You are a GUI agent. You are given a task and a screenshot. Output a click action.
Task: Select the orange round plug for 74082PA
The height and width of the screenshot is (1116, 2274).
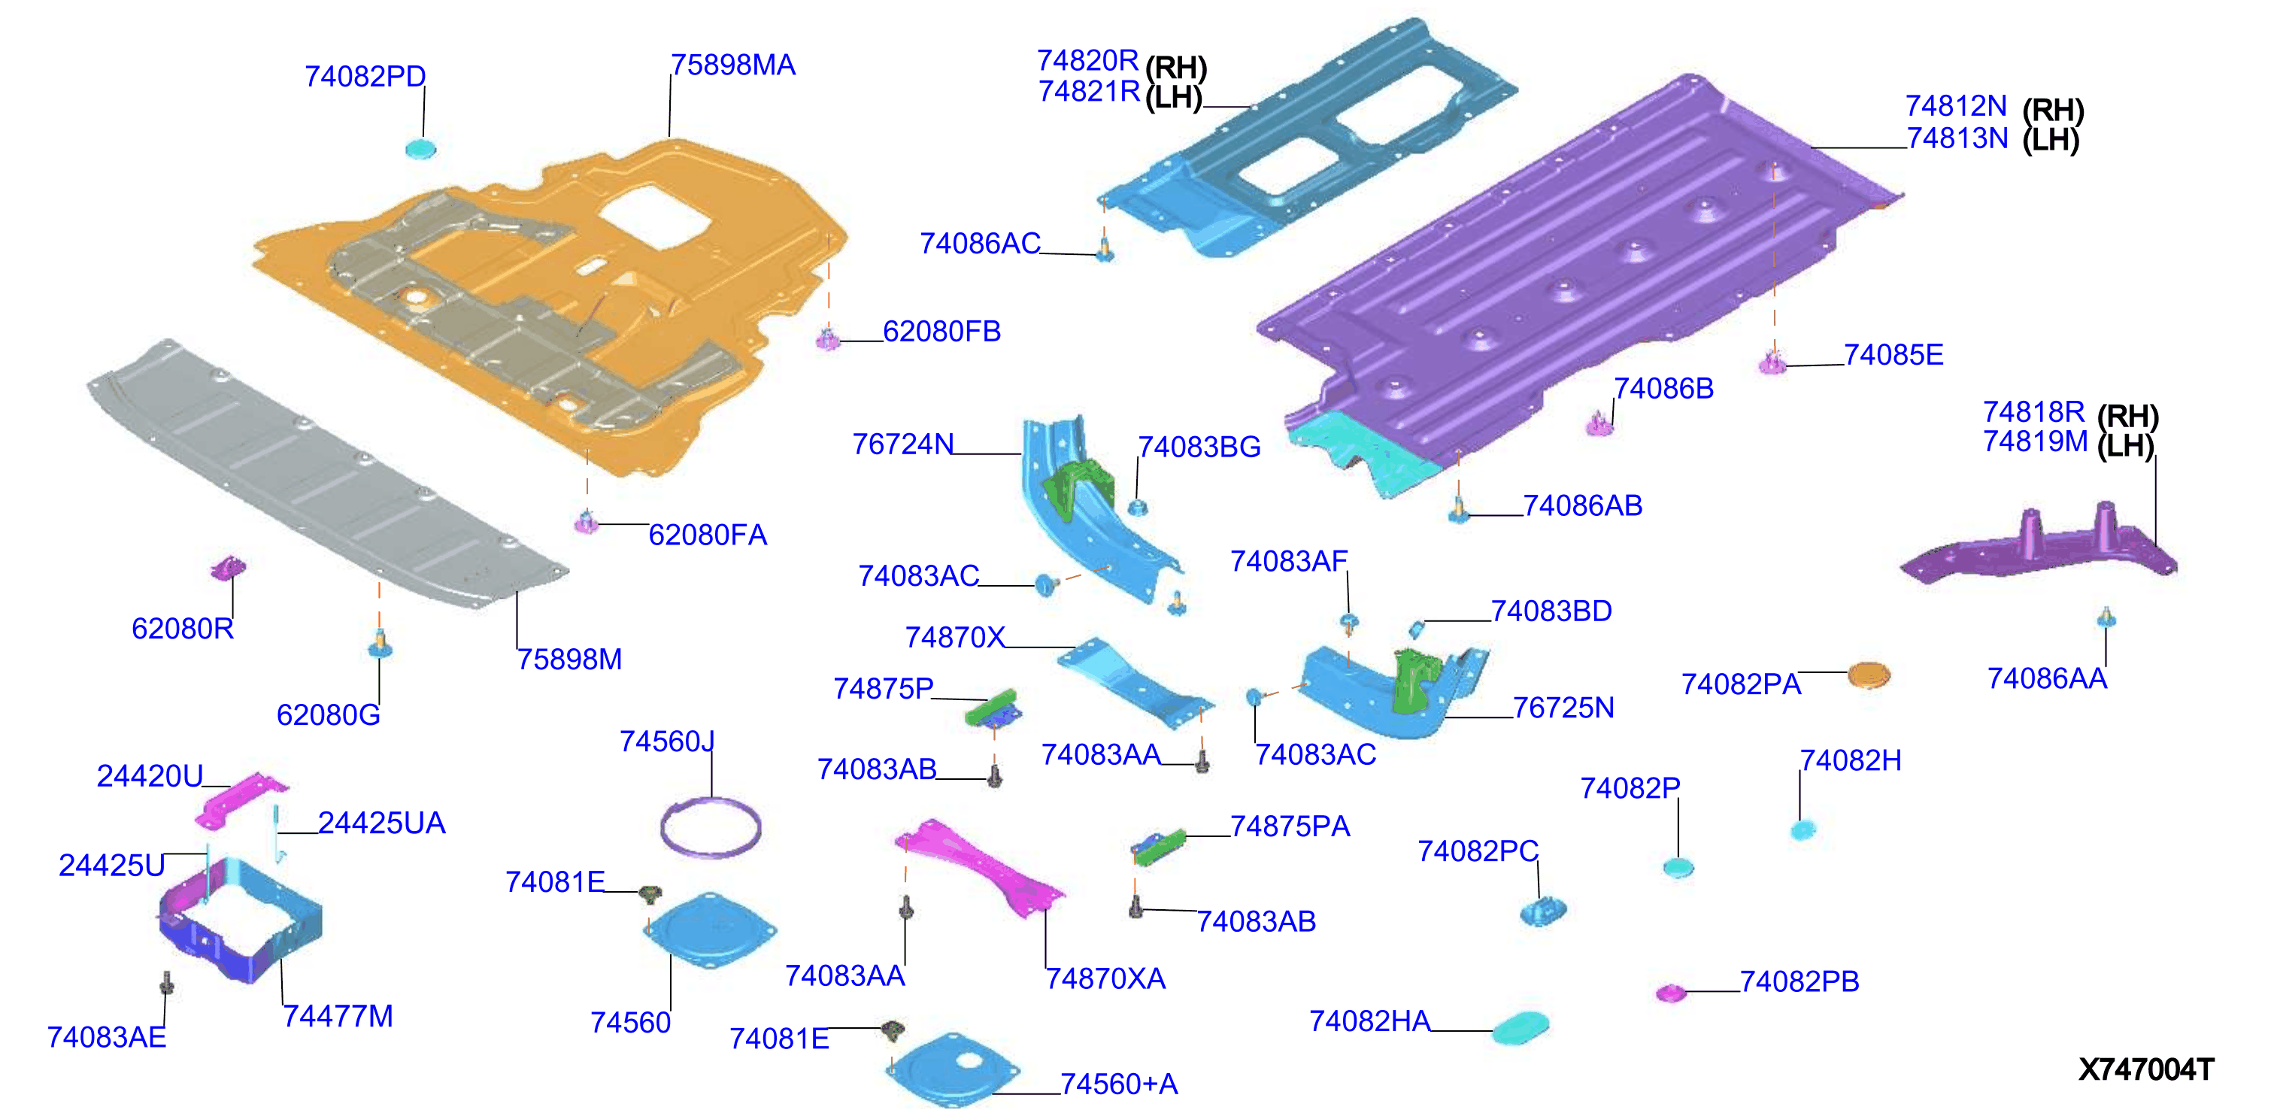pos(1868,675)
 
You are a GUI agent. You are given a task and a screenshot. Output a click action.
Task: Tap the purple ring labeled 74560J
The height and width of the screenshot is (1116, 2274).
pos(710,826)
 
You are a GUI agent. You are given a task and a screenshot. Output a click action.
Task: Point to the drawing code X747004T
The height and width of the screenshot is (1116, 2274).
pos(2145,1069)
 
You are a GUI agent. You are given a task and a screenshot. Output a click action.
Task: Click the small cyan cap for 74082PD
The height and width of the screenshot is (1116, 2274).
pos(420,147)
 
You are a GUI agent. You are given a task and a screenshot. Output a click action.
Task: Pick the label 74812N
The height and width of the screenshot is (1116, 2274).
pos(1956,106)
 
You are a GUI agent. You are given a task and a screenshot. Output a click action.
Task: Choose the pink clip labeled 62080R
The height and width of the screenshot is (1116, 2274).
pos(228,568)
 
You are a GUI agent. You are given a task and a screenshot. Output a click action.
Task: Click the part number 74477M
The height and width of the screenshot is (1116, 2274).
pos(338,1016)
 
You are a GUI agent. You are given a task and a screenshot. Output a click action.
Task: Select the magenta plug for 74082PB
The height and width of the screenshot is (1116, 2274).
pos(1670,993)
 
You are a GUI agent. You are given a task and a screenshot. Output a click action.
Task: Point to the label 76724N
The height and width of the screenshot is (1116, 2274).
pos(902,444)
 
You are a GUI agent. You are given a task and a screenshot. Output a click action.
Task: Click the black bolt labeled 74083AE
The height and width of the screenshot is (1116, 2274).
pos(166,983)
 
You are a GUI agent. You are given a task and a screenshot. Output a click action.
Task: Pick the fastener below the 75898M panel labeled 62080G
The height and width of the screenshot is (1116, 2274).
pos(380,644)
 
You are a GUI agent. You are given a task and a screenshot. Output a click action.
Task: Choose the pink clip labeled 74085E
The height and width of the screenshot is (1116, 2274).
pos(1772,362)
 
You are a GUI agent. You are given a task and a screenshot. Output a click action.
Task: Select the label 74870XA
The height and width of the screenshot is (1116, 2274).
pos(1105,978)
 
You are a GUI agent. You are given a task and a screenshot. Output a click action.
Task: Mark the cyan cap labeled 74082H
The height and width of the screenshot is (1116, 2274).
pos(1802,830)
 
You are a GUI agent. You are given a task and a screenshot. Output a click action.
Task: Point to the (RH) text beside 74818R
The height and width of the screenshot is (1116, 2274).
pos(2127,416)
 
